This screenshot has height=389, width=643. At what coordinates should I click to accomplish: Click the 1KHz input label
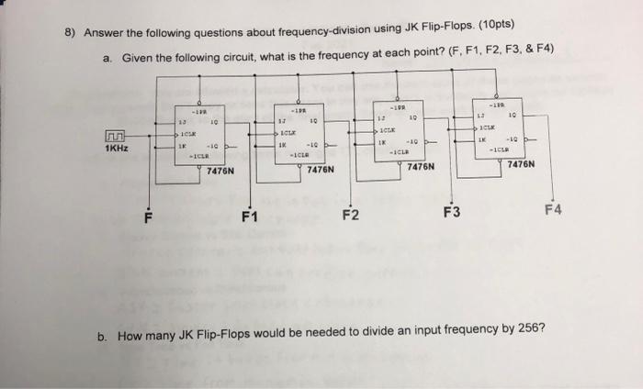118,149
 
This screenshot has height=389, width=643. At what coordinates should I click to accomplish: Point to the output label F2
352,217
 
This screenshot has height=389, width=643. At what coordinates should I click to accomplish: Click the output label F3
451,213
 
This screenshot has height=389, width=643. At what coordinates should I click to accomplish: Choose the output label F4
553,210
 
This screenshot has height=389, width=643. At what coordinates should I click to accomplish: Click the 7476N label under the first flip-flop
220,171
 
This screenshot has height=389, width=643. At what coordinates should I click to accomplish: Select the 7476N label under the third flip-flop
419,167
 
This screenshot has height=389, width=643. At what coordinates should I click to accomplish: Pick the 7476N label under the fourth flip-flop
519,165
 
